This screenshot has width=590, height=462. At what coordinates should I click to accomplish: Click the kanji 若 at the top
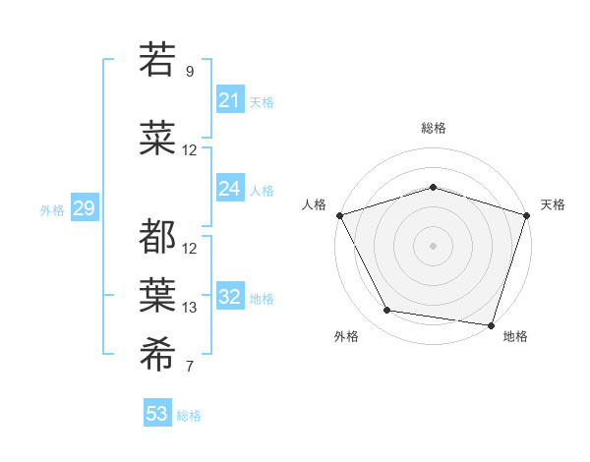click(157, 60)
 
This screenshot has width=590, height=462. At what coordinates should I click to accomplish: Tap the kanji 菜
click(157, 141)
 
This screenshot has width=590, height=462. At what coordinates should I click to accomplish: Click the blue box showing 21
click(230, 100)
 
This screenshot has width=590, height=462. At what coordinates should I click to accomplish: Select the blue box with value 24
click(230, 189)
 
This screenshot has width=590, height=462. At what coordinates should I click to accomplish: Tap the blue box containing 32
click(230, 297)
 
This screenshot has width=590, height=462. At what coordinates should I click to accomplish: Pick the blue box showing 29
click(84, 208)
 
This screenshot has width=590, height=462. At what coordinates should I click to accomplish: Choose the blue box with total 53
click(157, 414)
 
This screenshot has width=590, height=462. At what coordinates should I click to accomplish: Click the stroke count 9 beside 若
click(190, 72)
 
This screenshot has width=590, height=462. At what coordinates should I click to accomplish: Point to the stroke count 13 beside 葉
click(190, 308)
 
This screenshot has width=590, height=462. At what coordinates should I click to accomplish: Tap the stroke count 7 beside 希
click(190, 367)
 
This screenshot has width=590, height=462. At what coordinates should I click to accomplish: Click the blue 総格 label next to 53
click(190, 416)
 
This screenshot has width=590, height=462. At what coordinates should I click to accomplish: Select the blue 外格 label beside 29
click(52, 209)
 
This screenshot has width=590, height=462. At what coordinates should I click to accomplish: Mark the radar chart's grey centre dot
click(433, 245)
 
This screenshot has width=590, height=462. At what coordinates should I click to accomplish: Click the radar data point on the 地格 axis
click(492, 325)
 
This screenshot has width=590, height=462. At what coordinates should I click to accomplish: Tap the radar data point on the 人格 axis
click(339, 215)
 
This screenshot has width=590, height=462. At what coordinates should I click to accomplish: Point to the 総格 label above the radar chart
click(434, 128)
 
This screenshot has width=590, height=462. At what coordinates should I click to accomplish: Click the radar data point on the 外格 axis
click(387, 311)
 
